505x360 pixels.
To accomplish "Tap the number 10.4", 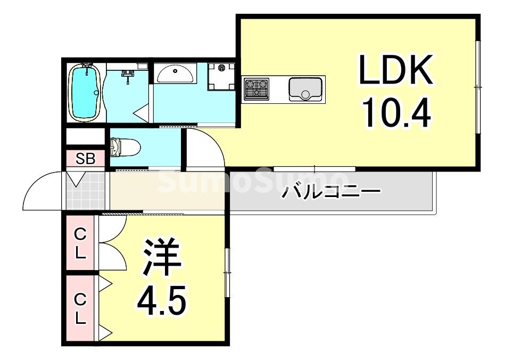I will (396, 110).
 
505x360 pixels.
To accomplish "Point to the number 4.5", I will (162, 301).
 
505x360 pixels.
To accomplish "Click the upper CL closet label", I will (80, 243).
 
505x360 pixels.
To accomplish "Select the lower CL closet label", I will (80, 309).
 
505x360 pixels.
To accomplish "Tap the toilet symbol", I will (124, 146).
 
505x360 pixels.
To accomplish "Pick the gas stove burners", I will (256, 88).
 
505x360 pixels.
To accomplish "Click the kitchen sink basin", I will (305, 89).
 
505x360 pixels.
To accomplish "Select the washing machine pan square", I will (221, 76).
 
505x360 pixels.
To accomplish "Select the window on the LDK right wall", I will (478, 86).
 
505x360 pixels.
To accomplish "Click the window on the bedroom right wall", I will (227, 272).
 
